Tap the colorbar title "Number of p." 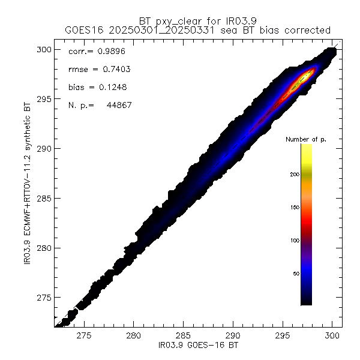pos(307,139)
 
